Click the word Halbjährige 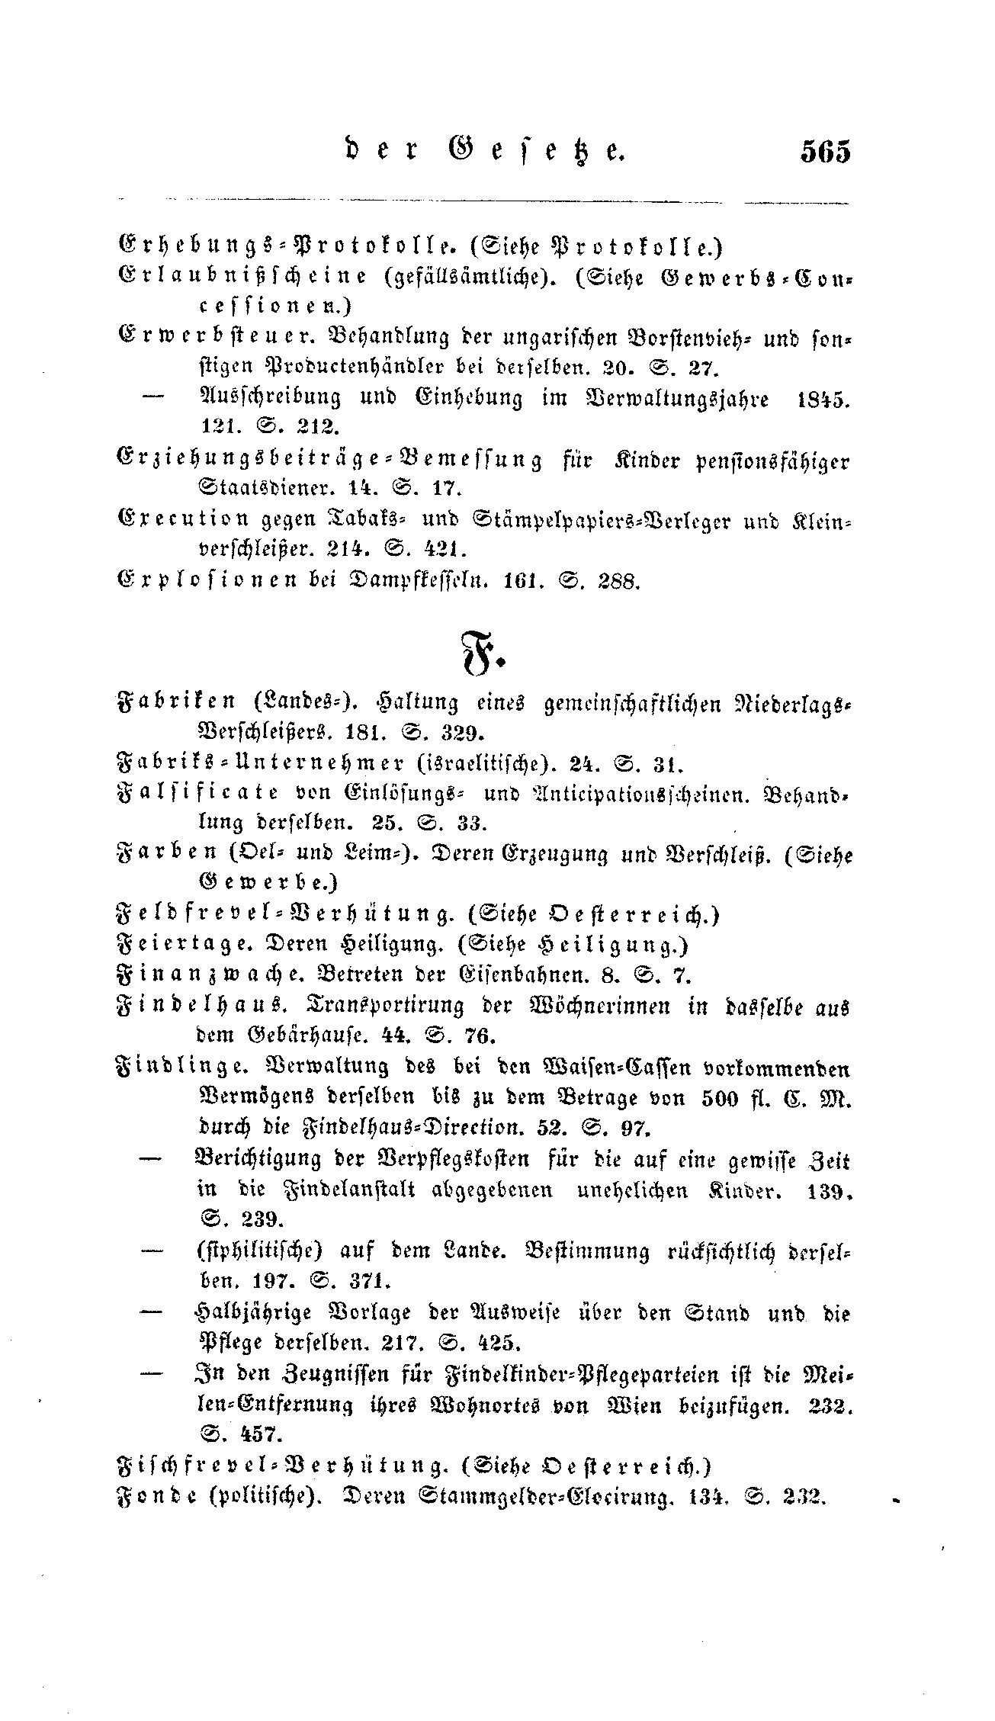coord(258,1312)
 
